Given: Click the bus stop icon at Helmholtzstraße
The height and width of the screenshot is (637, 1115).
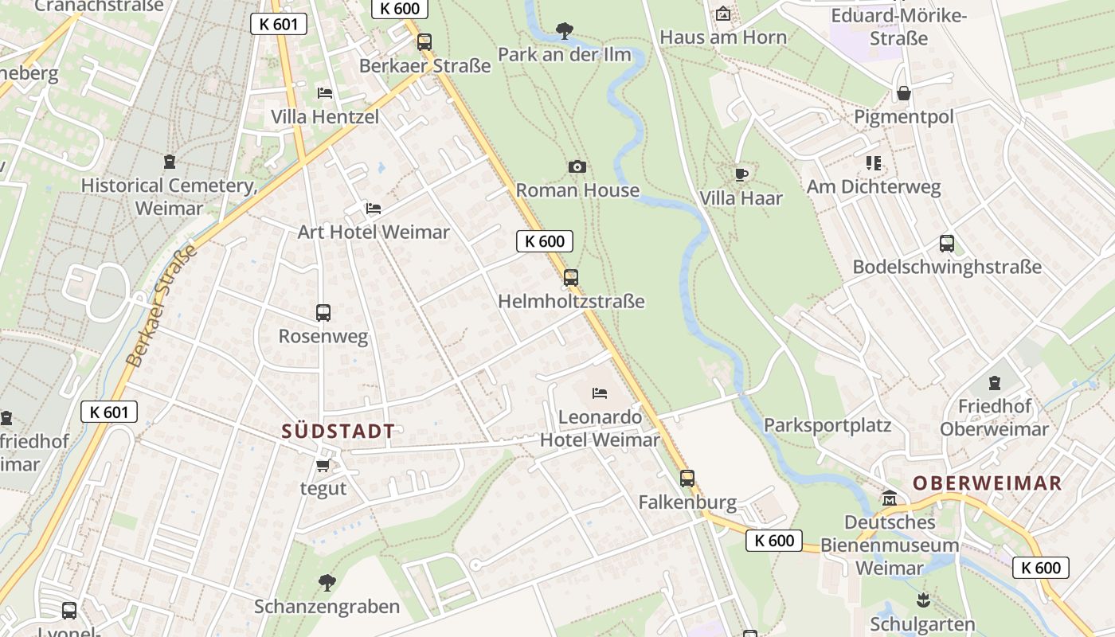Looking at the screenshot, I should point(570,278).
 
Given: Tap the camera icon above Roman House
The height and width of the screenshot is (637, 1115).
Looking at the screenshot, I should point(577,166).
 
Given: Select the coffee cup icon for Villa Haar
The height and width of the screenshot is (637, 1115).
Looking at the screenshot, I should point(741,174).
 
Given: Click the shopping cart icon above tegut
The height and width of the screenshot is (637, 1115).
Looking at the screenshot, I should point(323,465).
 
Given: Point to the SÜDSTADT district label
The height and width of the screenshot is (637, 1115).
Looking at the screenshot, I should point(338,432).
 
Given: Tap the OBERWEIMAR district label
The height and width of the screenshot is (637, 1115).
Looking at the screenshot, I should point(987,483).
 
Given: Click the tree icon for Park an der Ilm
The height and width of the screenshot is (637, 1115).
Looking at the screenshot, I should point(565,31).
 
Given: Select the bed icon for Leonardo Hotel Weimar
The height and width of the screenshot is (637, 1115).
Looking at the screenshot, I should point(600,393).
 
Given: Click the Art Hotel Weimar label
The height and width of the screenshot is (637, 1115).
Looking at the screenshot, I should point(374,232).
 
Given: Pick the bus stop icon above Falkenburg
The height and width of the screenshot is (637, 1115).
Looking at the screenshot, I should point(687,479).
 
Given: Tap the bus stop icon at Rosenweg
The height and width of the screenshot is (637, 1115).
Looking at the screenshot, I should point(323,313).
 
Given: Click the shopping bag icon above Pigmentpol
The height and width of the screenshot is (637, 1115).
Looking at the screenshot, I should point(903,93).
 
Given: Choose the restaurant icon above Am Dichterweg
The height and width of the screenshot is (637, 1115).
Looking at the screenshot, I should point(874,163).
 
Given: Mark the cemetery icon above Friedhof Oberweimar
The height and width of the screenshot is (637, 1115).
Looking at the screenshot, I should point(993,383).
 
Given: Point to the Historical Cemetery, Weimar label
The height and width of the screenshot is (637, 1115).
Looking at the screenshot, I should point(169,197).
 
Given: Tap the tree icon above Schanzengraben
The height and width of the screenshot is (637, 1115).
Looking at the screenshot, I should point(327,583).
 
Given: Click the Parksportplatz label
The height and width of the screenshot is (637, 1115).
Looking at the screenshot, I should point(827,424).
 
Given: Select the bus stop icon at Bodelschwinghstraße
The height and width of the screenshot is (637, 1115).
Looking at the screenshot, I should point(946,244).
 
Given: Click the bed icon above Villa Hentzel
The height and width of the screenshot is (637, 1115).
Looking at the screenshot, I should point(324,93).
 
